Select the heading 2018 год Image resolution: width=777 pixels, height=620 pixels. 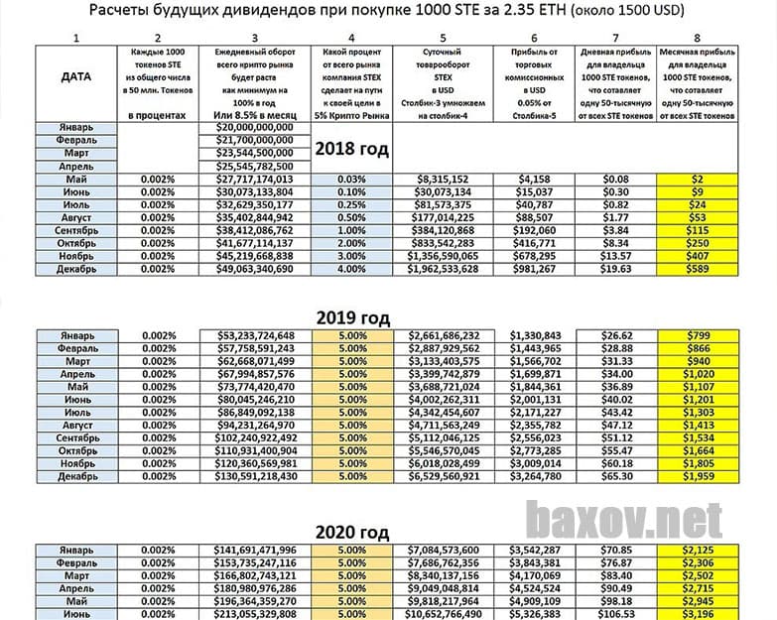[x=351, y=149]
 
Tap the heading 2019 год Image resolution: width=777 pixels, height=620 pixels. [x=351, y=318]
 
